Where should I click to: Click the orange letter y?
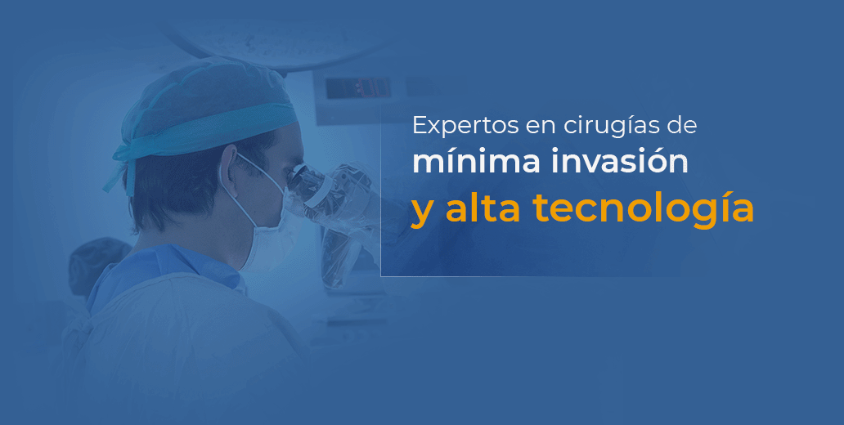pos(422,212)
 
